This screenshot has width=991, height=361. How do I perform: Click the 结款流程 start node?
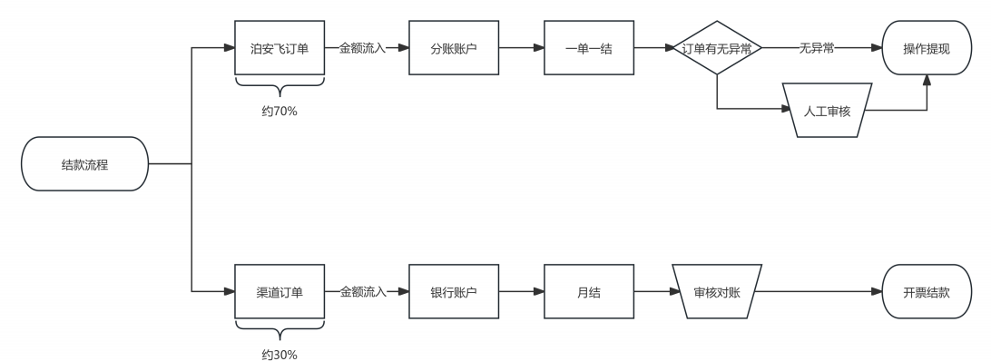[x=84, y=164]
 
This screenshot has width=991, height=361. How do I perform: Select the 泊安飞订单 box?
[x=280, y=48]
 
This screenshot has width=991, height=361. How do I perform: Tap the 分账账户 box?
[x=454, y=48]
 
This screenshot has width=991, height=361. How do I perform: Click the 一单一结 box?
[x=588, y=48]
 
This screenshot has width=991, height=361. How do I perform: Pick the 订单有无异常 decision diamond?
[x=717, y=48]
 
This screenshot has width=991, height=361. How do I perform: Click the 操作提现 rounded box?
[x=927, y=48]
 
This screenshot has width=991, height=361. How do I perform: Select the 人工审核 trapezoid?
[x=826, y=110]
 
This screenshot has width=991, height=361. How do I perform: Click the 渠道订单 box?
[x=280, y=291]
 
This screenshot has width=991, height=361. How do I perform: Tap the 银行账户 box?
[x=454, y=291]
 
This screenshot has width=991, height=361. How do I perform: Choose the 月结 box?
[x=588, y=291]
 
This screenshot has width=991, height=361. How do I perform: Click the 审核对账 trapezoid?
[x=717, y=291]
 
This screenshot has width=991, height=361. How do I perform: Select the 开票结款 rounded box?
[x=927, y=291]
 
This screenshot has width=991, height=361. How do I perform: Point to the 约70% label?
[x=280, y=112]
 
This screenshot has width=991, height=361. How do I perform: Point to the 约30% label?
[x=280, y=354]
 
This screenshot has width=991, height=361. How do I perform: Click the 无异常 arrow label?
[x=817, y=48]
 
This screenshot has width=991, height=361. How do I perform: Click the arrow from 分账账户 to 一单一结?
[x=521, y=48]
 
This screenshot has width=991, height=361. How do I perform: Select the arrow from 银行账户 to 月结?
[x=521, y=291]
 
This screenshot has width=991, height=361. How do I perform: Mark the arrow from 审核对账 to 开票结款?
[x=817, y=291]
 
